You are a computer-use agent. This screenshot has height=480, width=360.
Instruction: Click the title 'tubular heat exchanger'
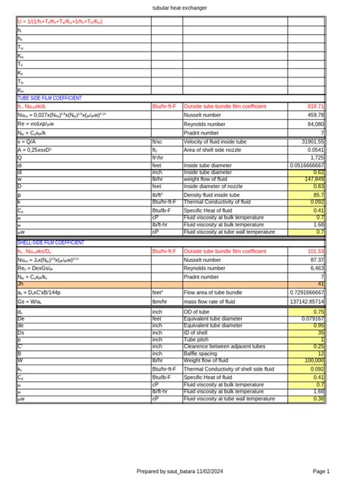pos(180,7)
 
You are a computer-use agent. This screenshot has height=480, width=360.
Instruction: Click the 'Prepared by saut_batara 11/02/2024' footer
pos(180,471)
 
